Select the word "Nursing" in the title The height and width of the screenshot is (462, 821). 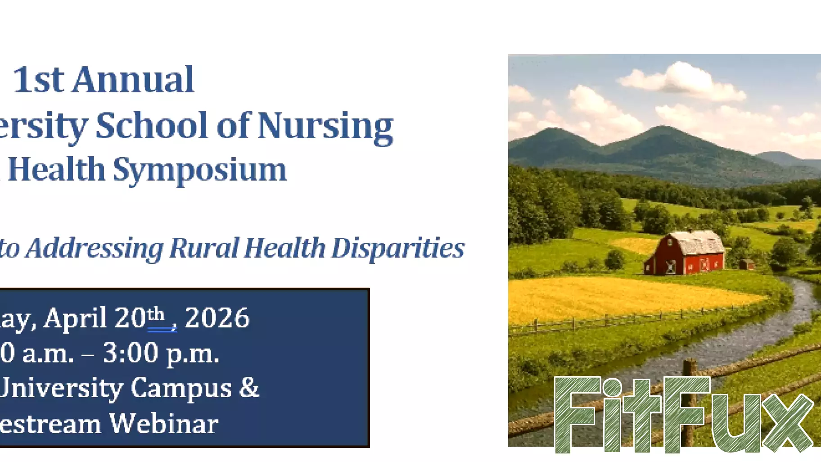point(325,126)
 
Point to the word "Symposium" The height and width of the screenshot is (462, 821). point(199,170)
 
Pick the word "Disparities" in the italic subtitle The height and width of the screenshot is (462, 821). point(397,248)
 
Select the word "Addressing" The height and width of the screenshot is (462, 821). point(94,249)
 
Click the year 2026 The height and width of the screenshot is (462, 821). point(217,318)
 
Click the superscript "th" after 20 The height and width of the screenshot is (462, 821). point(156,313)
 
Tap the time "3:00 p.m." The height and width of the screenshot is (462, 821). point(161,353)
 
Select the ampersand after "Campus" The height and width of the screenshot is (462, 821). point(249,388)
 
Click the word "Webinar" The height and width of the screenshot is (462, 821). point(164,424)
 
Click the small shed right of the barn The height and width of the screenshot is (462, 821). point(747,264)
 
